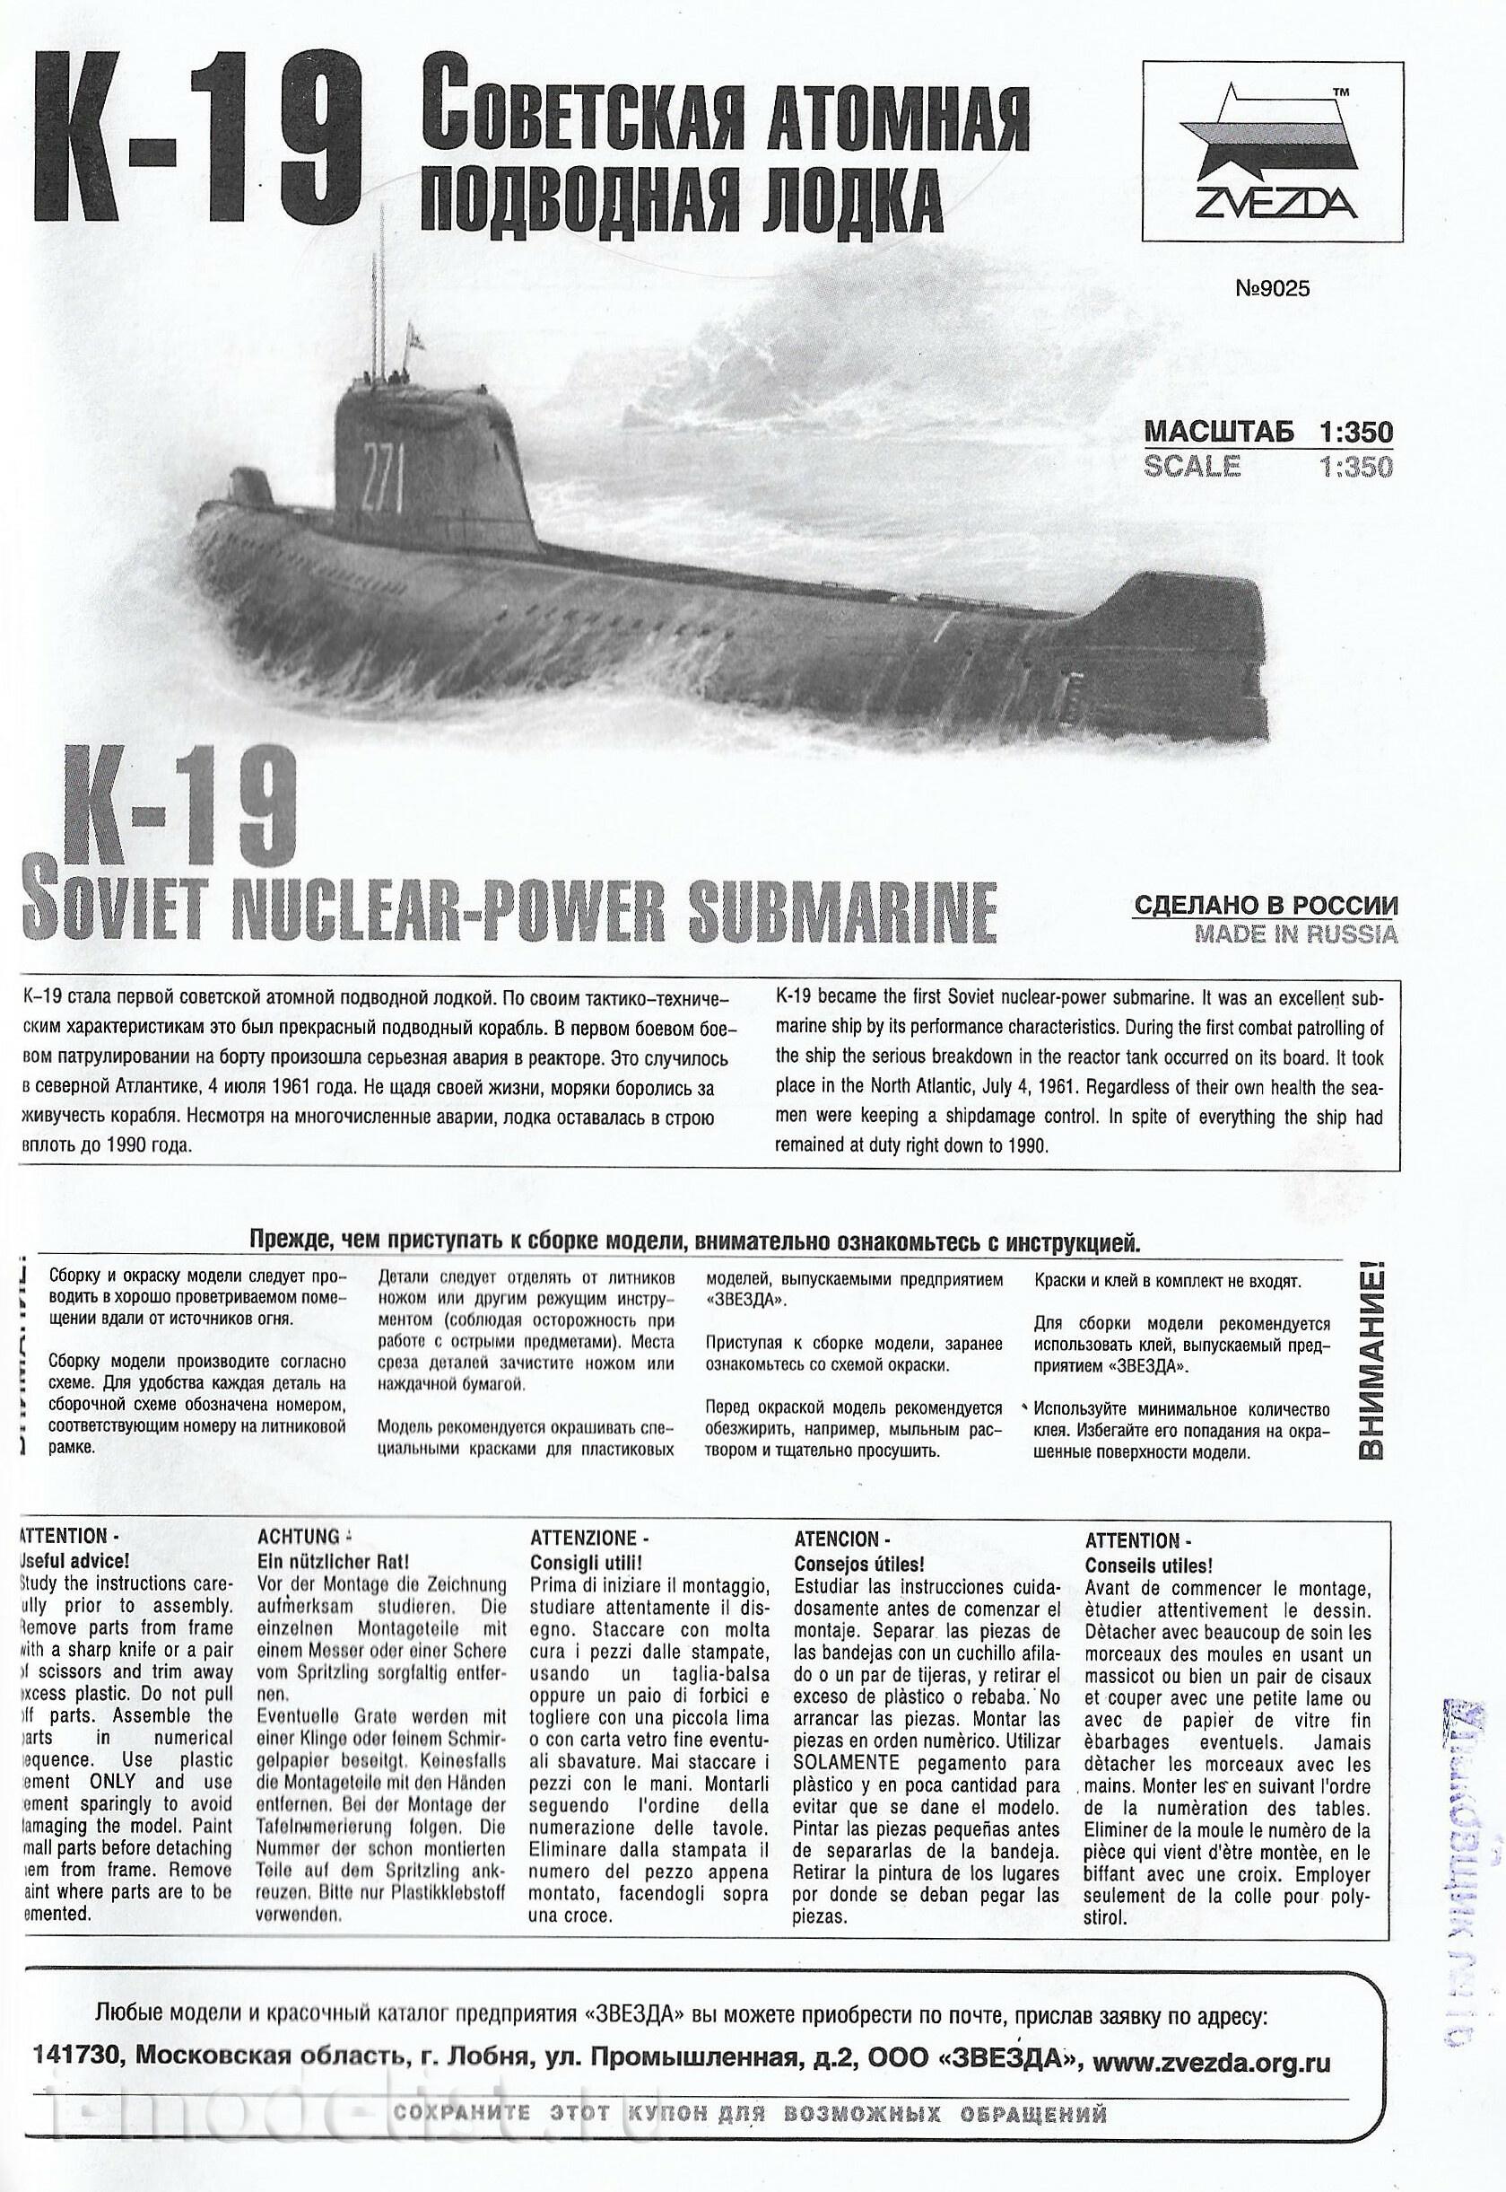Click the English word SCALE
click(x=1192, y=467)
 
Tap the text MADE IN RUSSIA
click(x=1295, y=934)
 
